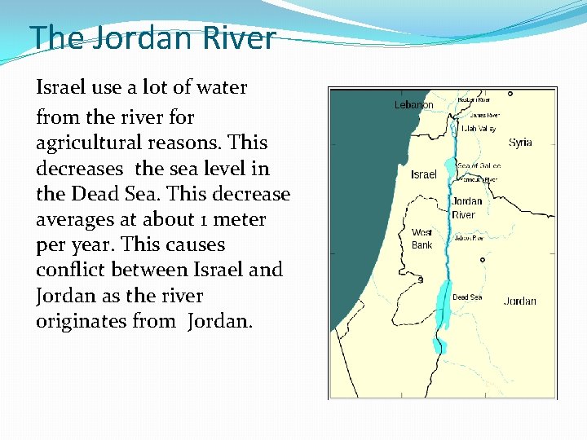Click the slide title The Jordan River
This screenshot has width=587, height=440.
pyautogui.click(x=152, y=37)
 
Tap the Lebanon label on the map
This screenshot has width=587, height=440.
pyautogui.click(x=413, y=105)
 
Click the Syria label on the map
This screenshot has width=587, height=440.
pyautogui.click(x=520, y=143)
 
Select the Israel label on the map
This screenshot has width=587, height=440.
pyautogui.click(x=424, y=174)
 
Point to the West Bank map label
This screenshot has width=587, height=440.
pyautogui.click(x=422, y=239)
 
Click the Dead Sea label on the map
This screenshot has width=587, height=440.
pyautogui.click(x=467, y=297)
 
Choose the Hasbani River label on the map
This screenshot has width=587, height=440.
pyautogui.click(x=474, y=99)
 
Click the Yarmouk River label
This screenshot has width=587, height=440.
pyautogui.click(x=479, y=179)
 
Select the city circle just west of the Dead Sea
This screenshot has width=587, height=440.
pyautogui.click(x=421, y=279)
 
